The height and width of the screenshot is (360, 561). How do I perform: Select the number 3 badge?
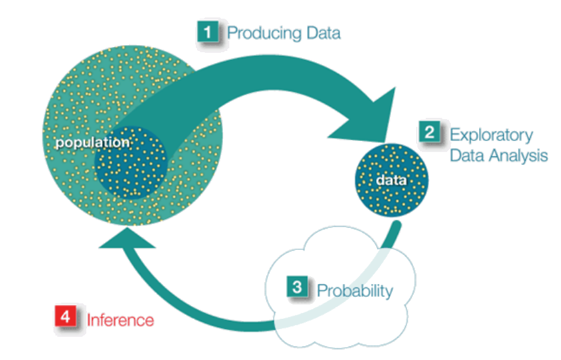[x=297, y=288]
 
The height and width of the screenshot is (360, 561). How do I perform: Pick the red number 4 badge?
[x=66, y=317]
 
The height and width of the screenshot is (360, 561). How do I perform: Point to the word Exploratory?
[x=491, y=135]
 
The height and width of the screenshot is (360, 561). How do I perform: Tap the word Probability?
[x=354, y=290]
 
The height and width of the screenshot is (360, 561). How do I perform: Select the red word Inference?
[x=120, y=319]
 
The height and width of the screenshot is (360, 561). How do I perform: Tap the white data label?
[x=392, y=180]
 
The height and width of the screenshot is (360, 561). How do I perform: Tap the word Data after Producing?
[x=319, y=32]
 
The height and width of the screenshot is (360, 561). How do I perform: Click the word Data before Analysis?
[x=467, y=155]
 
